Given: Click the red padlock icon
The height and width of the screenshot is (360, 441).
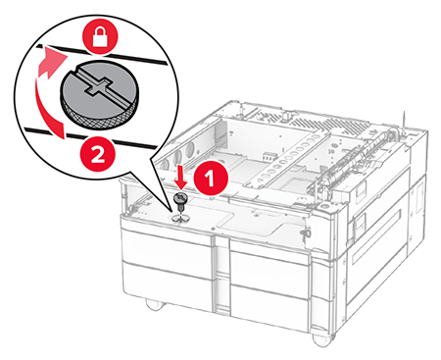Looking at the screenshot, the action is tap(101, 37).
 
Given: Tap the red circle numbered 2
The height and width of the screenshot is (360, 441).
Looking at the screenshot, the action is tap(98, 155).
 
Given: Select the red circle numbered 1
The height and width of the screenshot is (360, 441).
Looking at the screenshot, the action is tap(211, 179).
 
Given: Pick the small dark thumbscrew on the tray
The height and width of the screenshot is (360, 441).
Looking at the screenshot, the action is tap(179, 202).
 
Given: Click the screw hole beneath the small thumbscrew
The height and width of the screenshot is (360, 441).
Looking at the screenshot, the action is tap(179, 219).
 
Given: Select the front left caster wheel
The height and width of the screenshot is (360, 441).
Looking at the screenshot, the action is tap(155, 304).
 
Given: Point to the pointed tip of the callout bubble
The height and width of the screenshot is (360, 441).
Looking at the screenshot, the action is tap(171, 213).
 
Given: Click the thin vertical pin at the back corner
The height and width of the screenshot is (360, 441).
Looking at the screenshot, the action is tap(404, 122).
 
